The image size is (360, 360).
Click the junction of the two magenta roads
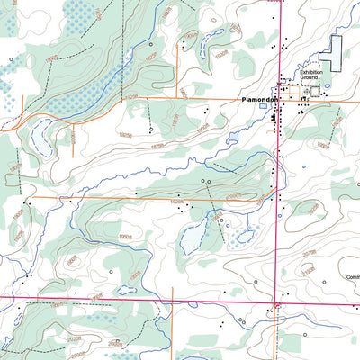(277, 296)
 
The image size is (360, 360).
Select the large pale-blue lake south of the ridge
(193, 236)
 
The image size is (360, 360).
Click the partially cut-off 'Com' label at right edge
(351, 277)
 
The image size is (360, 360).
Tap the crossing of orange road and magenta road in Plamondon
(278, 99)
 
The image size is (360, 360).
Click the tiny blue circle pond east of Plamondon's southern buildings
(304, 166)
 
